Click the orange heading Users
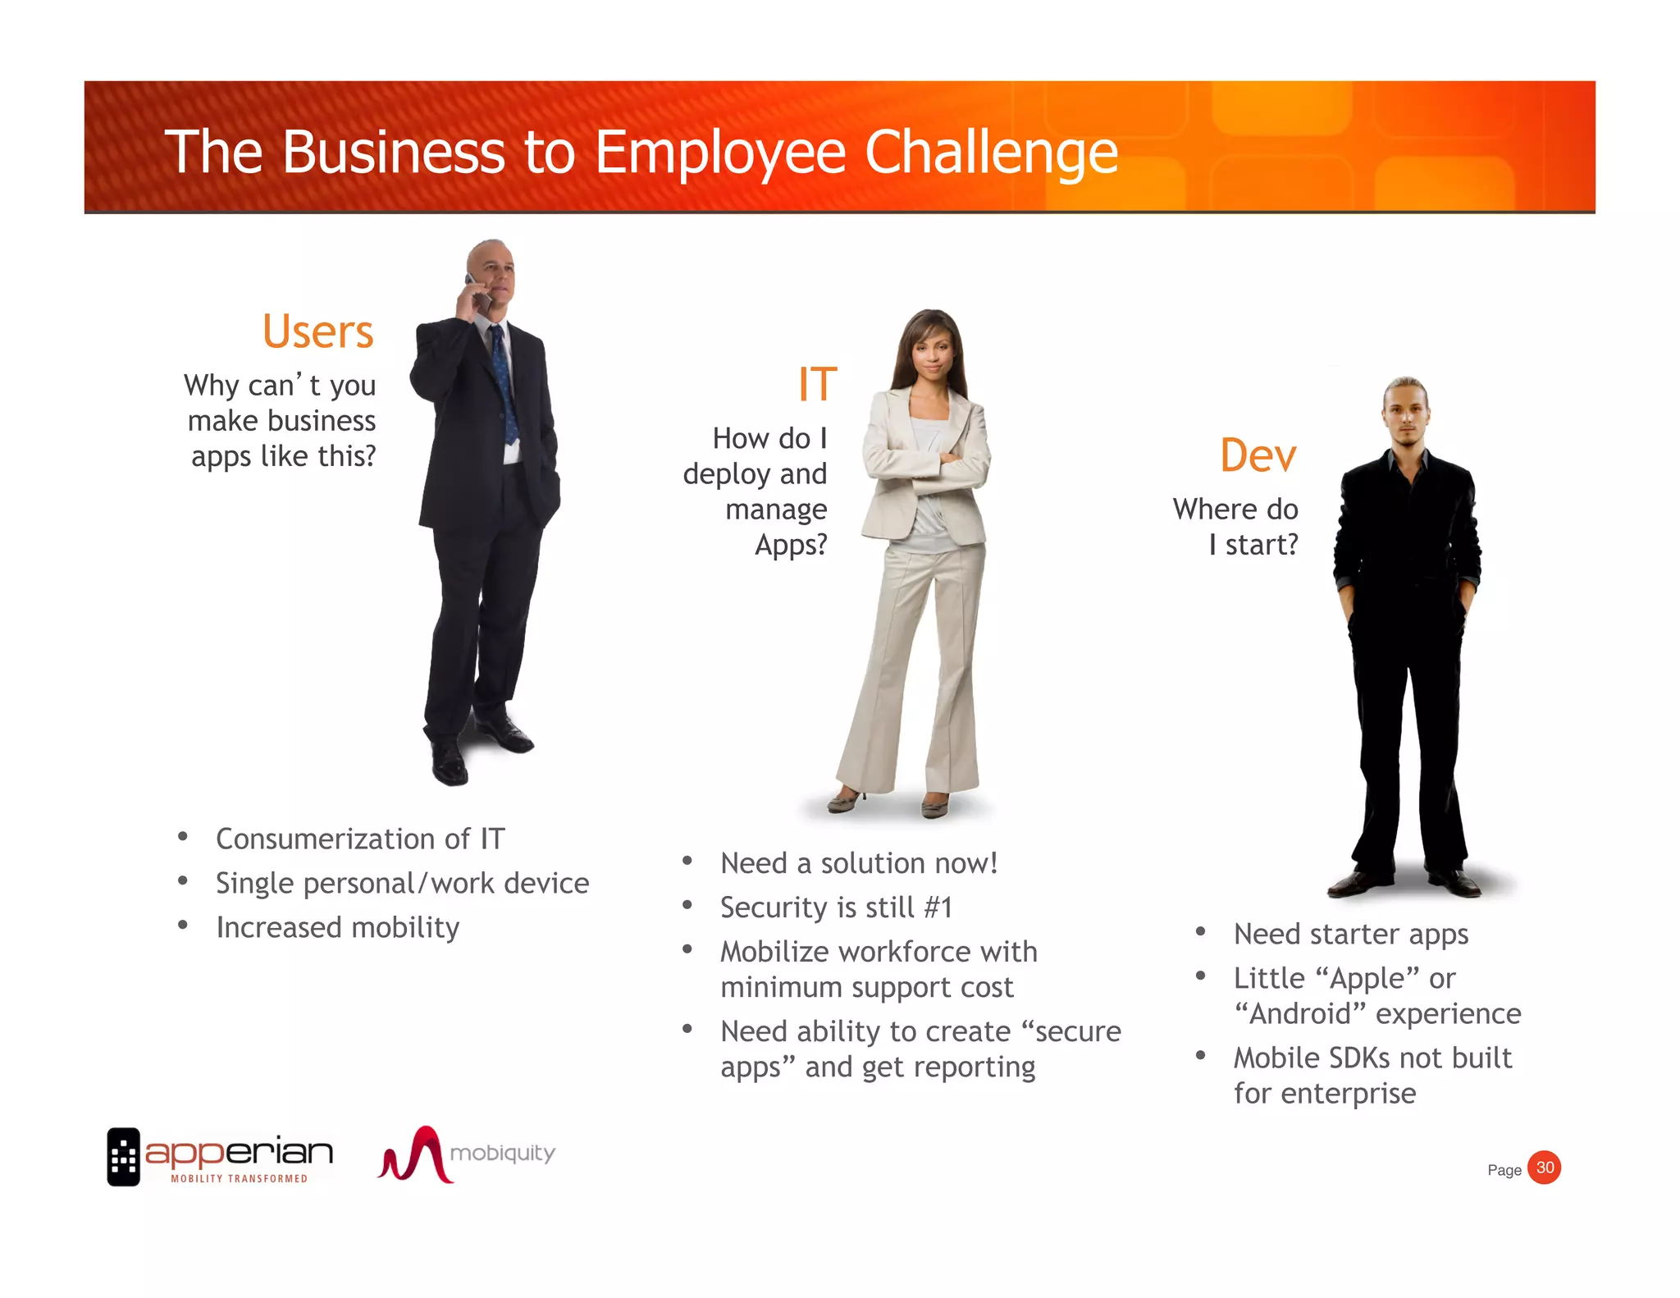[x=317, y=331]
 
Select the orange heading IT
[x=817, y=385]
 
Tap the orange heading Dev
[x=1258, y=455]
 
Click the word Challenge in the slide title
[x=991, y=153]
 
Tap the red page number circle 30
[x=1545, y=1168]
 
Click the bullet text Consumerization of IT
[x=360, y=839]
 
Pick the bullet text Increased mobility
[x=337, y=928]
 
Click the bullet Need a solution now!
[x=859, y=863]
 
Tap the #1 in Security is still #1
[x=938, y=907]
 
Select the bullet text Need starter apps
[x=1351, y=935]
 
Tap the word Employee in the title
[x=719, y=153]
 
